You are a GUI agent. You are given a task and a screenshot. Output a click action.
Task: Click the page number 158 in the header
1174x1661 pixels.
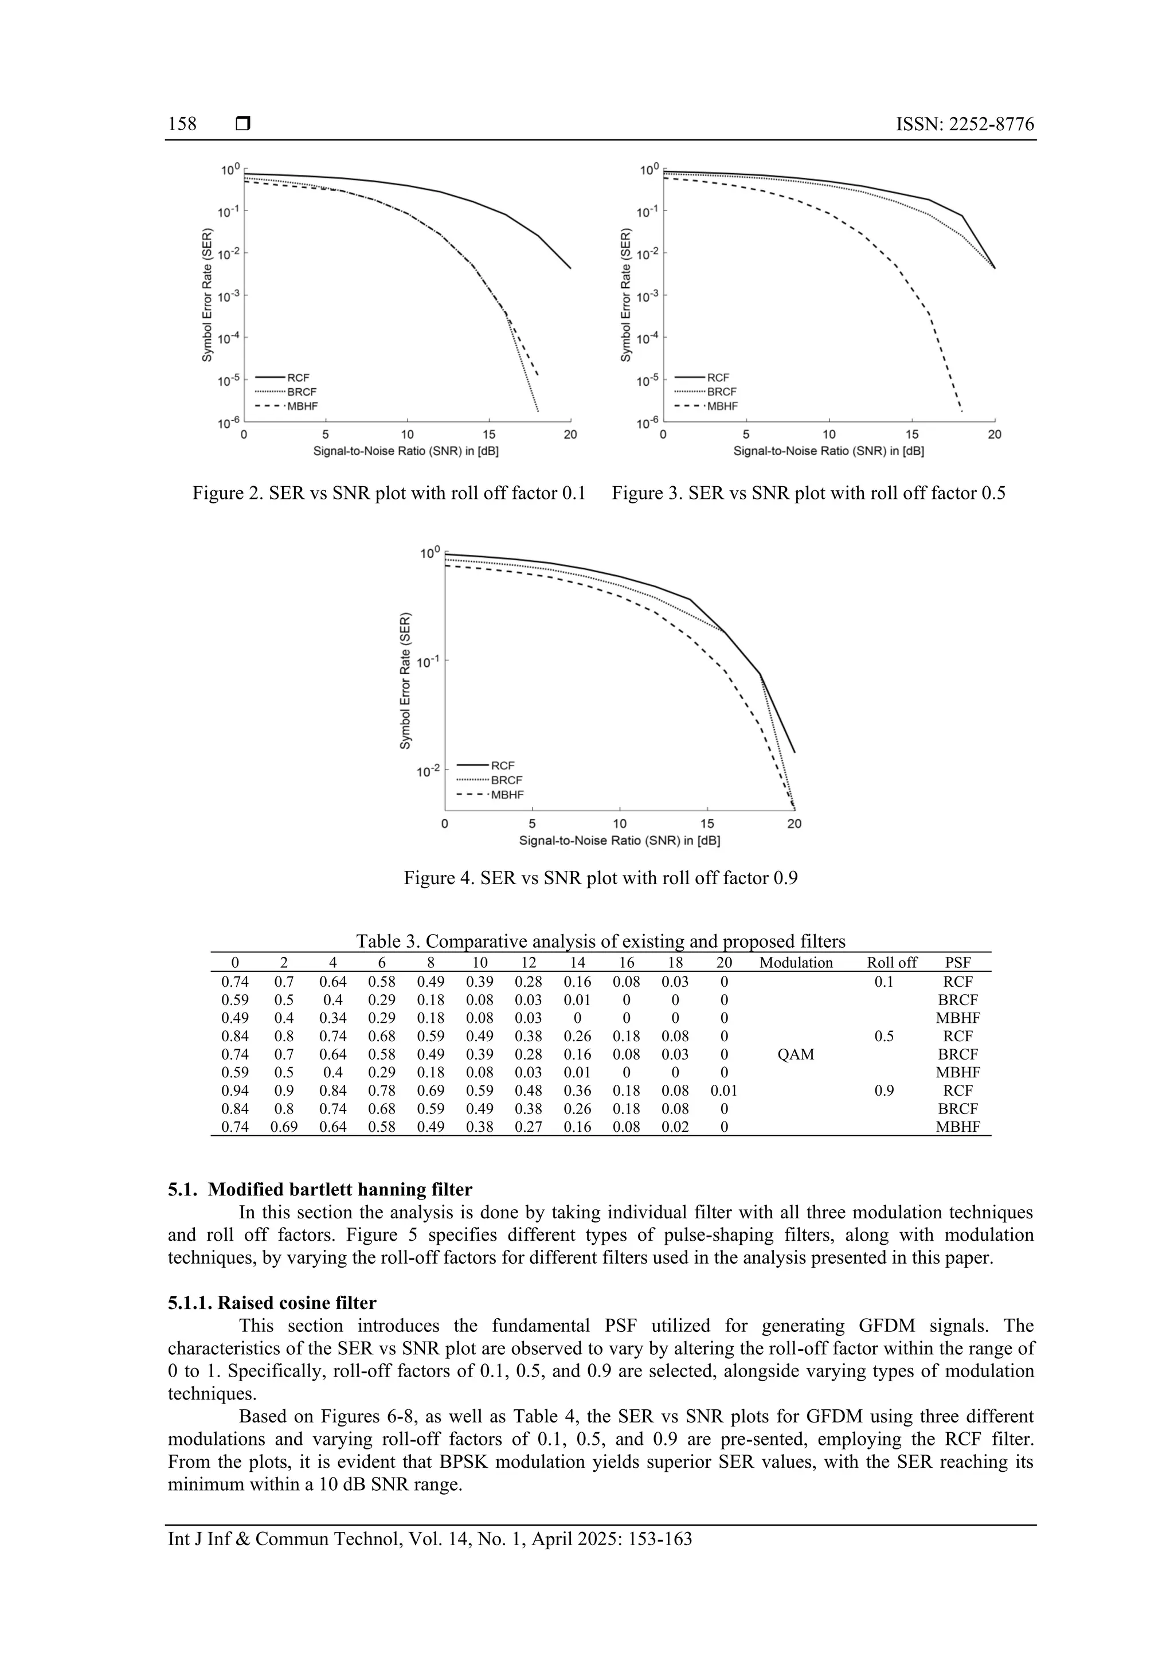(x=182, y=124)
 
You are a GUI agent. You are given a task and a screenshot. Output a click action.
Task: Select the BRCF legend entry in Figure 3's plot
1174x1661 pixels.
(x=722, y=392)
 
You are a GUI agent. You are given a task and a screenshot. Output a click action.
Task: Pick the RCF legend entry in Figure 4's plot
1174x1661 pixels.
(x=503, y=765)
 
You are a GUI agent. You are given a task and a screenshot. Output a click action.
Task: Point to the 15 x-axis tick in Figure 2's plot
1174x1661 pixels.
(x=489, y=435)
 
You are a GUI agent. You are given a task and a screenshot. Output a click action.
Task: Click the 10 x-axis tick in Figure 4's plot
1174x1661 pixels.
(x=620, y=824)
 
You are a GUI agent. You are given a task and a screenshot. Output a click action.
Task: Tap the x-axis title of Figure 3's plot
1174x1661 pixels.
(x=829, y=451)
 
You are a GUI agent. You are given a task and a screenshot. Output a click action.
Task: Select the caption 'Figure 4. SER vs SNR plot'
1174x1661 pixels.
(x=600, y=878)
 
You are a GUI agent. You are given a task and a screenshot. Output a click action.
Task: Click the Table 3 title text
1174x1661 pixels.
(x=600, y=941)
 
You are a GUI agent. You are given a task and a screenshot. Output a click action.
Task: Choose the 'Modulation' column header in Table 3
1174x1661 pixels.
(x=796, y=963)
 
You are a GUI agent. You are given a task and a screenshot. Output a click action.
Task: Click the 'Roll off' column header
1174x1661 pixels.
(x=892, y=963)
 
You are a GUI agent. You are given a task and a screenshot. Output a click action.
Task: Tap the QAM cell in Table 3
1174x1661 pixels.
(x=796, y=1055)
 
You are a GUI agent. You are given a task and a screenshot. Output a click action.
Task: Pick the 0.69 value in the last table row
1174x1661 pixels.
(x=284, y=1127)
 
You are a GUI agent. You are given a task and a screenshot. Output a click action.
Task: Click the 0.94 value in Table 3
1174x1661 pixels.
(x=234, y=1091)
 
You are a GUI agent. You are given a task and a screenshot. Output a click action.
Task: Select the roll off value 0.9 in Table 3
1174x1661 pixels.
(x=884, y=1091)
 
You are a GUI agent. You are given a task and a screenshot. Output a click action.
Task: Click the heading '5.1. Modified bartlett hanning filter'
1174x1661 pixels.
(x=320, y=1190)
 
